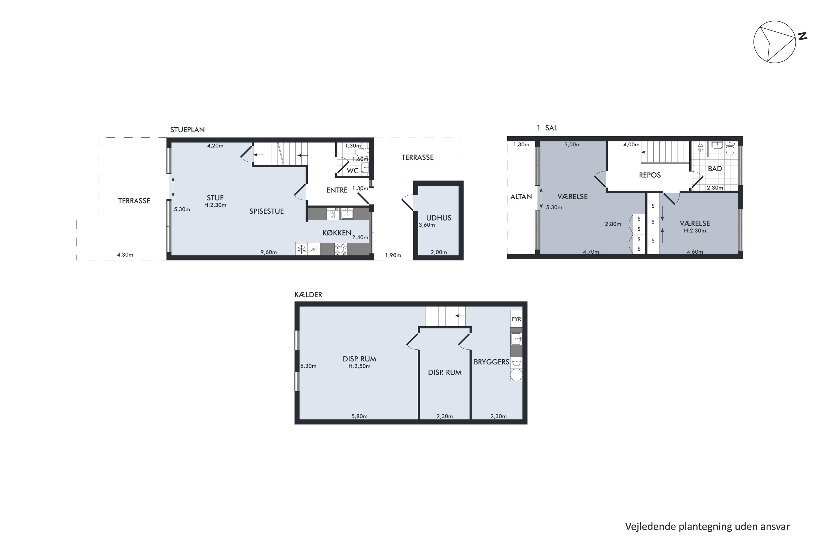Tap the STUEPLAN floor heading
187,129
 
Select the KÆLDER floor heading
308,295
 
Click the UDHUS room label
439,218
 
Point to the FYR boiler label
517,319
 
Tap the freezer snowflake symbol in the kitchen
302,249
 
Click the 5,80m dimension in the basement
359,416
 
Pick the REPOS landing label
650,175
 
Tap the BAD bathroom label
715,168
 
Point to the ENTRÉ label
337,190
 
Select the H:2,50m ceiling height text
359,366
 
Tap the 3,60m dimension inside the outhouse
427,225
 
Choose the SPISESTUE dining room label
266,211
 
